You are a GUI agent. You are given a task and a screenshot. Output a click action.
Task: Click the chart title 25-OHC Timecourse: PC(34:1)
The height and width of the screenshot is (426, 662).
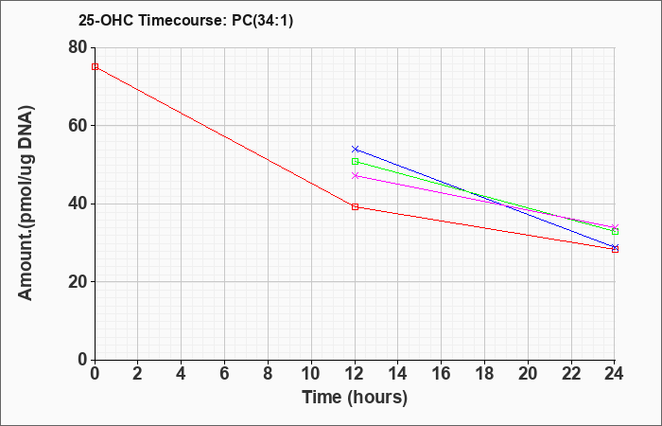point(185,20)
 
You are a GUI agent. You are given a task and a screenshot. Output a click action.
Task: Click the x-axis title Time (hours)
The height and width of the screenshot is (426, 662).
point(355,398)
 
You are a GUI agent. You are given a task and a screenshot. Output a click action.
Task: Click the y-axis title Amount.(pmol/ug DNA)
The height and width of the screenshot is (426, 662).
point(26,203)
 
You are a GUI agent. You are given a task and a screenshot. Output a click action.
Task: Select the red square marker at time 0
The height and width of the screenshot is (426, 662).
point(95,67)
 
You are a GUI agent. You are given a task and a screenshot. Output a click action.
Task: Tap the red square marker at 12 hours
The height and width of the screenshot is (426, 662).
point(355,206)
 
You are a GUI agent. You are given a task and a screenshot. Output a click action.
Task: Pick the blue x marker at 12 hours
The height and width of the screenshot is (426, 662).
point(355,150)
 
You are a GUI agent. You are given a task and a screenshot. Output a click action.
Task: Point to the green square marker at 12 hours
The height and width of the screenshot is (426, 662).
point(355,162)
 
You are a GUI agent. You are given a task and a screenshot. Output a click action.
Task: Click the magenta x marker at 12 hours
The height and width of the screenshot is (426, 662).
point(355,175)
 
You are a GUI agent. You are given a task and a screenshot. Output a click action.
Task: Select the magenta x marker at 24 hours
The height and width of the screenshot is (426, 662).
point(615,227)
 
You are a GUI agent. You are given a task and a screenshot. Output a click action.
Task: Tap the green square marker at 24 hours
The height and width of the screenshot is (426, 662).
point(615,232)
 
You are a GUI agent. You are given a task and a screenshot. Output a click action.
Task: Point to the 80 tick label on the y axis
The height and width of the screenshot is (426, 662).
point(78,47)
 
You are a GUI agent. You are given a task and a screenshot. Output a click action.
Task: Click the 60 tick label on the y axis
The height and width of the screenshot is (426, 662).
point(78,126)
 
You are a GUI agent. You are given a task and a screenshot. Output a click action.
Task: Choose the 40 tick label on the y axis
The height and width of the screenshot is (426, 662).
point(78,204)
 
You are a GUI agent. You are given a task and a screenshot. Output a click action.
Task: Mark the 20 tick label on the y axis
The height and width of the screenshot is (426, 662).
point(78,282)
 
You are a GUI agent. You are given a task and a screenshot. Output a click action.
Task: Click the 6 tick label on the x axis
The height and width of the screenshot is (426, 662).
point(225,374)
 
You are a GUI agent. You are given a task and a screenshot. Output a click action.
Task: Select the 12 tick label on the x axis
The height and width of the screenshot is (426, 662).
point(355,374)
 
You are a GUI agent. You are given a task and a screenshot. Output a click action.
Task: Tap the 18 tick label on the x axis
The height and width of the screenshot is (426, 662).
point(485,374)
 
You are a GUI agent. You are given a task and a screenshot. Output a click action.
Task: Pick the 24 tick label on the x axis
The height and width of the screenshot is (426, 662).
point(614,374)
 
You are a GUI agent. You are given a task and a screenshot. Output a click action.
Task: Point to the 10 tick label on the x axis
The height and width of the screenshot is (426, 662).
point(311,374)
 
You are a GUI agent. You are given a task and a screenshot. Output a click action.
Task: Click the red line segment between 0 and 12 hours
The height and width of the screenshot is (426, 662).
point(225,137)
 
